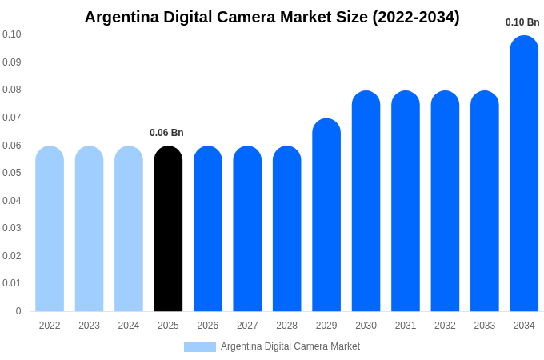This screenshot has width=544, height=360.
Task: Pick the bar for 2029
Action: [x=326, y=216]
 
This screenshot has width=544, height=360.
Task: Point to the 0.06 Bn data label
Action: [x=166, y=133]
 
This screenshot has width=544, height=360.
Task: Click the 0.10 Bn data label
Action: [x=522, y=22]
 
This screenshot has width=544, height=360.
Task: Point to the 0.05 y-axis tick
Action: [x=12, y=173]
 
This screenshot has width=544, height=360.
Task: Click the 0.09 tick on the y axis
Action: [x=12, y=62]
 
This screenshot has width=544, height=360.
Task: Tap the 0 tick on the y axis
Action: [x=18, y=311]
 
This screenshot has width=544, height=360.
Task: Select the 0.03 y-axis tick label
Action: [x=12, y=228]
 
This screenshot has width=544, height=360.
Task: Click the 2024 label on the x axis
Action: [x=129, y=326]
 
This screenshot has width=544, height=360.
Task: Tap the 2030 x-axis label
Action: [x=366, y=326]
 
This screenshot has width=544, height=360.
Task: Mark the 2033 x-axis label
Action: [x=485, y=326]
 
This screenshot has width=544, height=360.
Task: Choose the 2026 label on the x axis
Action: [x=208, y=326]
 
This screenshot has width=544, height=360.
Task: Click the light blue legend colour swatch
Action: [x=200, y=347]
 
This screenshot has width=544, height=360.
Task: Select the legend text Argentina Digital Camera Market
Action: [x=290, y=346]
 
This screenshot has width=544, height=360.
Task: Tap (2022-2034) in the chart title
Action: [x=416, y=17]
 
